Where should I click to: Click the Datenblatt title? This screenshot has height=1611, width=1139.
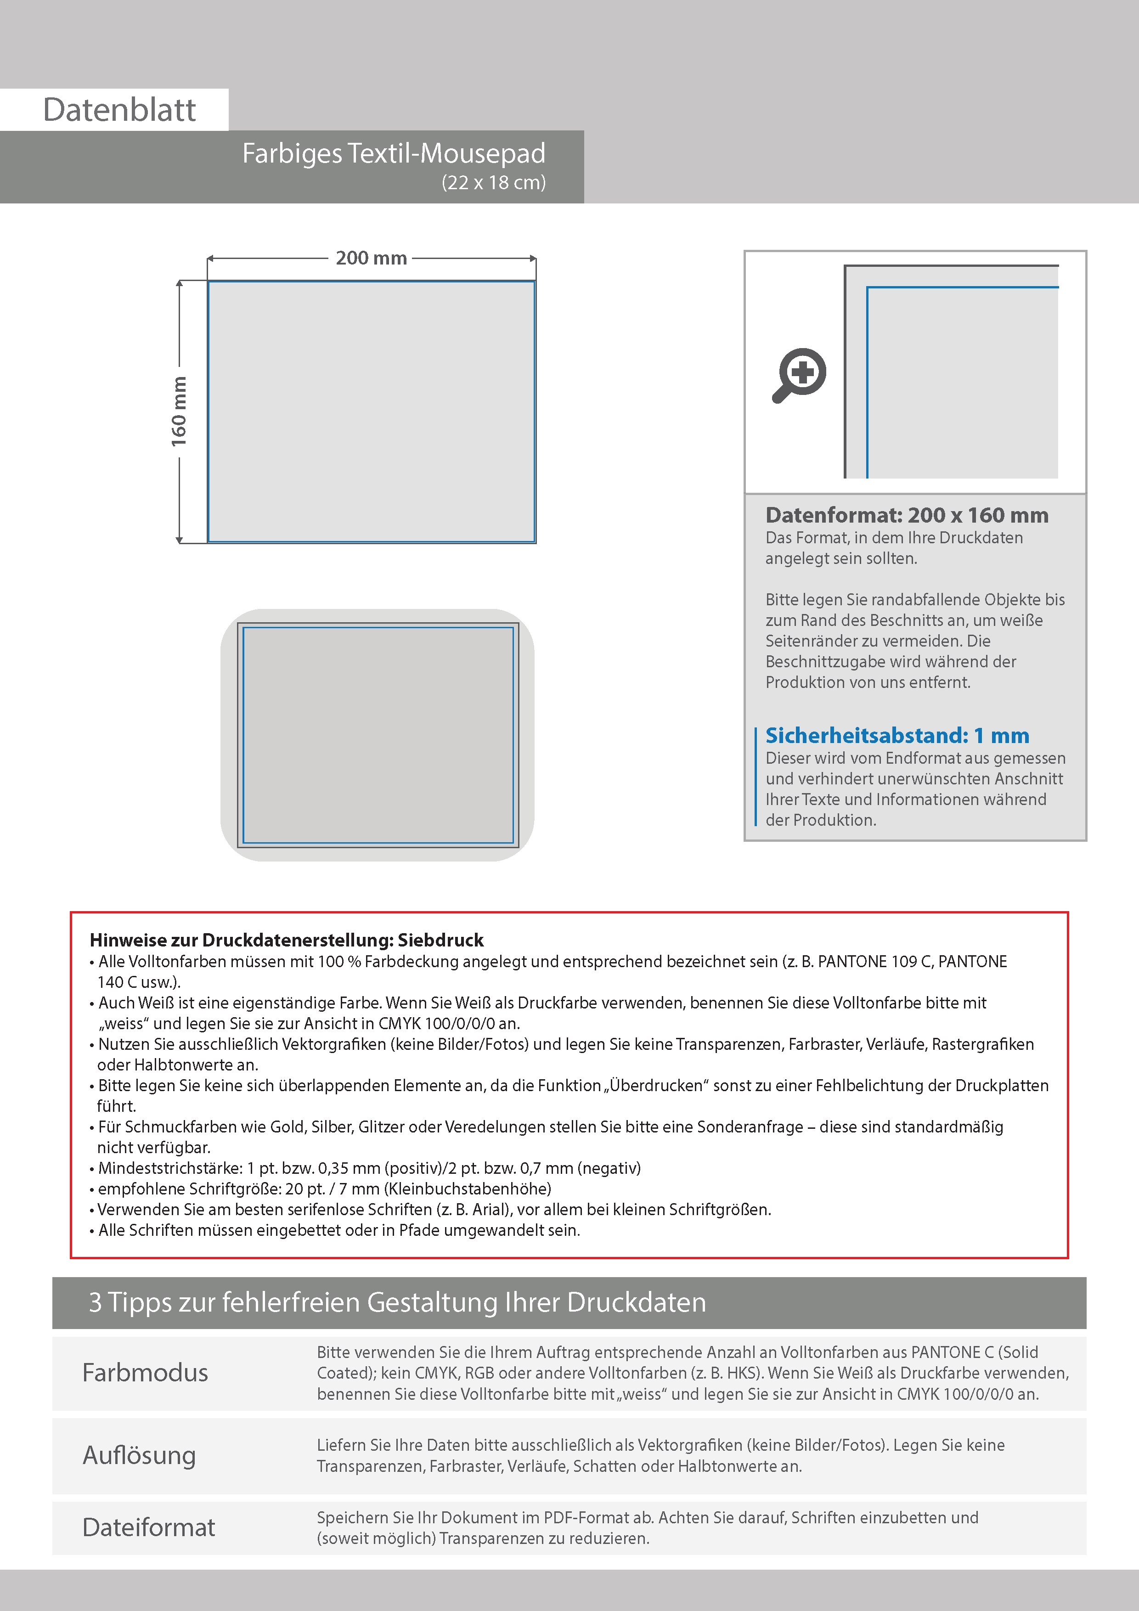point(119,110)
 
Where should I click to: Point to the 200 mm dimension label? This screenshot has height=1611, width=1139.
point(371,258)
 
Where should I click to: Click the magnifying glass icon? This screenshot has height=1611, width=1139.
point(799,374)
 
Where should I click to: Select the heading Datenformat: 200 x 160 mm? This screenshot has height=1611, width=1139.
point(906,515)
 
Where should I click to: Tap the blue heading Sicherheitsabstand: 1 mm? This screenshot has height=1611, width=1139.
point(897,735)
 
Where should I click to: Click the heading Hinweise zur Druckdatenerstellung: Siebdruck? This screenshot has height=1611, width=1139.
point(286,940)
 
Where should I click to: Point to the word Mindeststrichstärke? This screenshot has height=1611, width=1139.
point(170,1168)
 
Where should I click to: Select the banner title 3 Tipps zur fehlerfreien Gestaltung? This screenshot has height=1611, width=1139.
point(397,1302)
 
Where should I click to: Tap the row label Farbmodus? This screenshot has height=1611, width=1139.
point(145,1373)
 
